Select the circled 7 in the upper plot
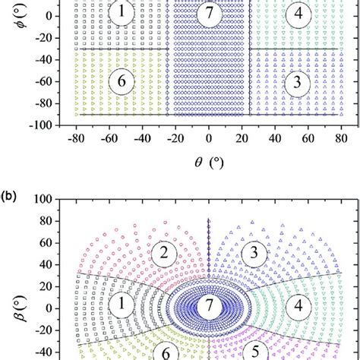tap(208, 13)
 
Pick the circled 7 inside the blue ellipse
tap(207, 306)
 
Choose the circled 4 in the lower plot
tap(297, 308)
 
